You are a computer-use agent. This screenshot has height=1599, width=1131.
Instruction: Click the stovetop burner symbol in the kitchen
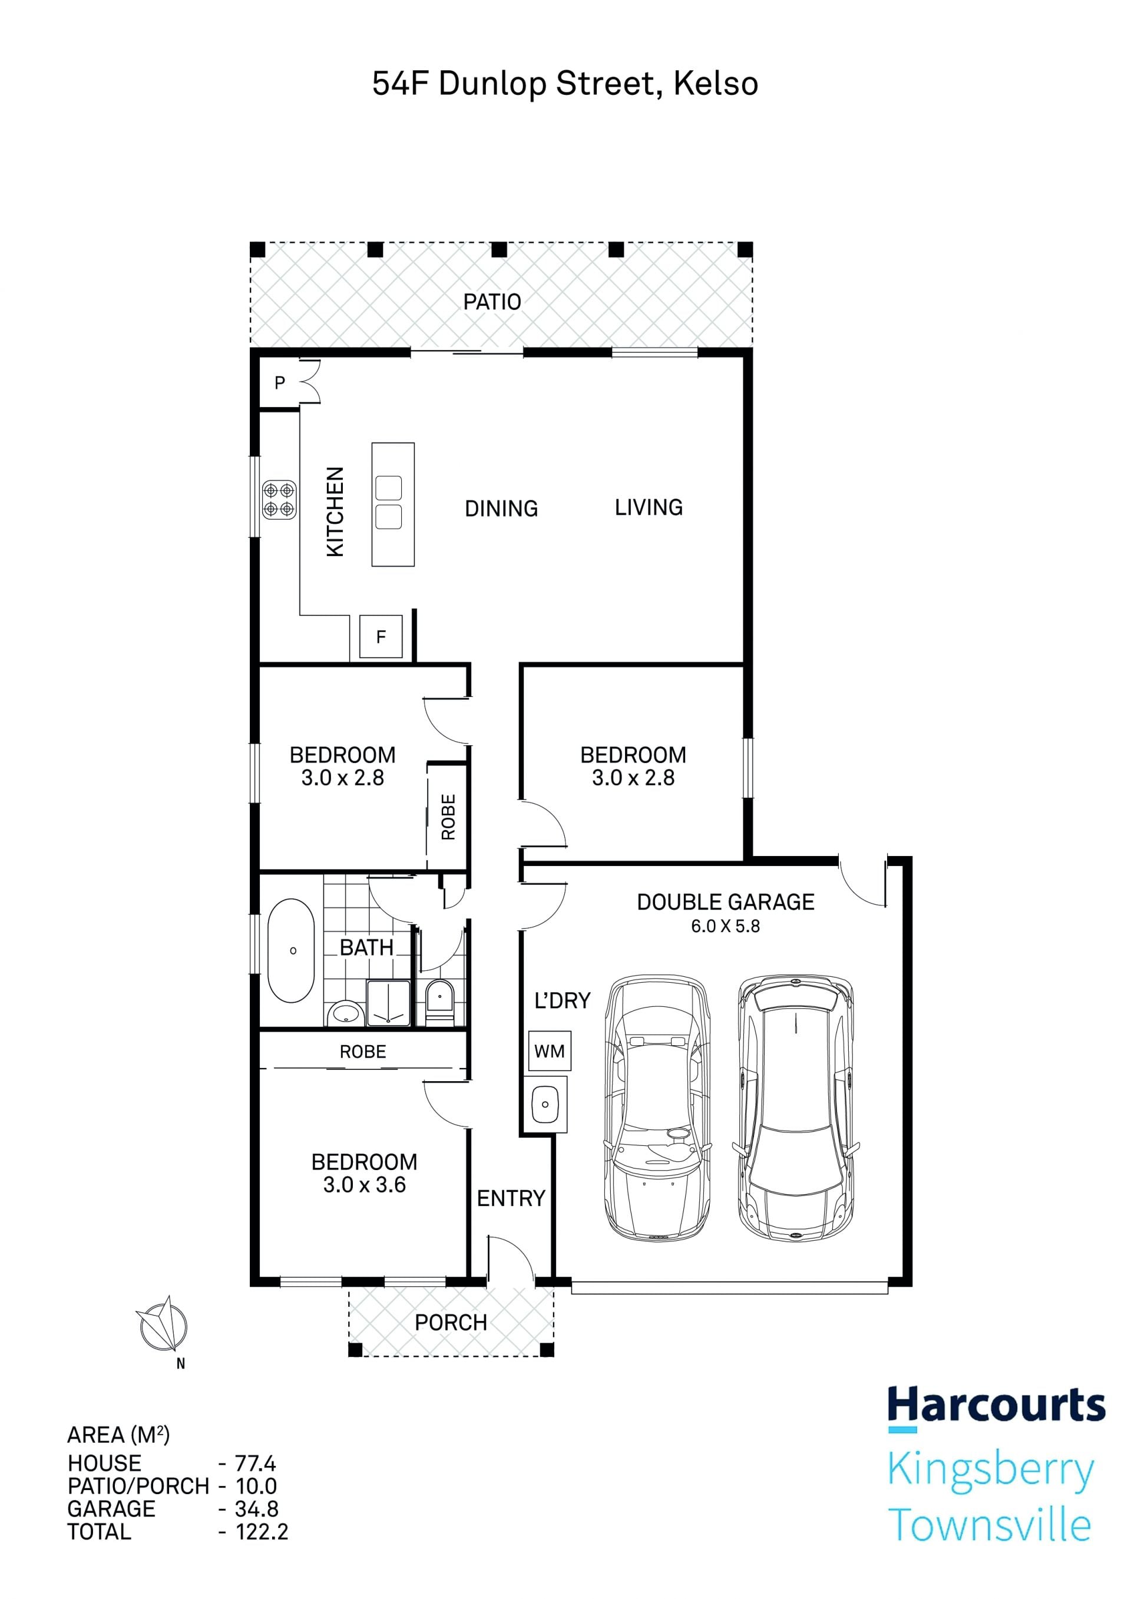click(279, 500)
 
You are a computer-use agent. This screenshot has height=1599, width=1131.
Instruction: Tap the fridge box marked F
click(381, 636)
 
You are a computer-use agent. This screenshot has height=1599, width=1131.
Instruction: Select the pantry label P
click(280, 382)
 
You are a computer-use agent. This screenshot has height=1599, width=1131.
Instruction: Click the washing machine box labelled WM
click(550, 1051)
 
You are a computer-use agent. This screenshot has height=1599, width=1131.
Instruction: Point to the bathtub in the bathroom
click(292, 951)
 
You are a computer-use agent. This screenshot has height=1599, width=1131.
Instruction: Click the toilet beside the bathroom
click(439, 1002)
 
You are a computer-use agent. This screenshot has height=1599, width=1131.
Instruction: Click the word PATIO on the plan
click(492, 302)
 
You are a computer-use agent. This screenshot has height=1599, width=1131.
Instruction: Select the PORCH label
click(451, 1323)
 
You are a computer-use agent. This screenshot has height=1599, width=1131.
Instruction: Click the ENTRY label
click(511, 1198)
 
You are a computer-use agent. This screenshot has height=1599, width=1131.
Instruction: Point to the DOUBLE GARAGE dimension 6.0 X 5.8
click(726, 926)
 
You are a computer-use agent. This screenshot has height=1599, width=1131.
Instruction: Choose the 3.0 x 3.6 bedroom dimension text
click(364, 1185)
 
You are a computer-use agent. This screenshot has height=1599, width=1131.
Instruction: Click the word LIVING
click(649, 507)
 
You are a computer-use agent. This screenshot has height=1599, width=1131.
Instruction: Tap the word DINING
click(501, 508)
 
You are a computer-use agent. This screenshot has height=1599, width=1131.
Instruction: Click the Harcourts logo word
click(997, 1405)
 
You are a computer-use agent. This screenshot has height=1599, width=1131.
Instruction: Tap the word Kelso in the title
click(716, 84)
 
